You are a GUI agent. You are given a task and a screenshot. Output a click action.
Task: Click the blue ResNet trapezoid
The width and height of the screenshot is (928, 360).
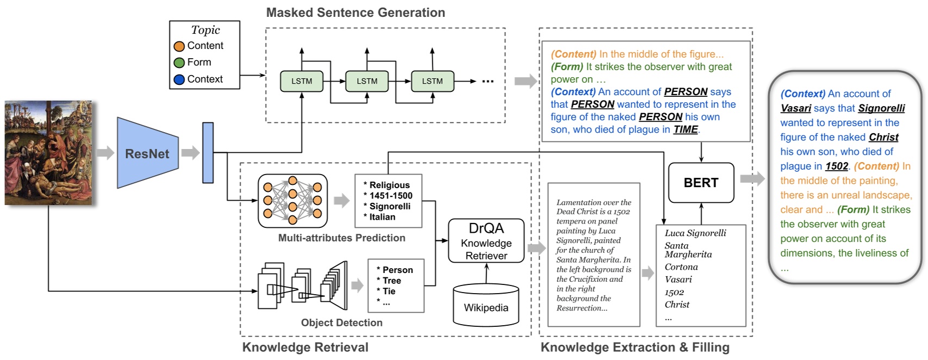click(147, 153)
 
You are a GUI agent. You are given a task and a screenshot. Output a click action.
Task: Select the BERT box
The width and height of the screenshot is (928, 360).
click(701, 183)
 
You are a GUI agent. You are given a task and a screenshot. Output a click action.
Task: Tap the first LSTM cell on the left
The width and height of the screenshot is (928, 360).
click(302, 81)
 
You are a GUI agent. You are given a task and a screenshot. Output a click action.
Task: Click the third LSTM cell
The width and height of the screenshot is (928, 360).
click(432, 81)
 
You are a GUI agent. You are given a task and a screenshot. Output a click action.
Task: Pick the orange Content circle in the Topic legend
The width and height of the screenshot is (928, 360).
click(179, 46)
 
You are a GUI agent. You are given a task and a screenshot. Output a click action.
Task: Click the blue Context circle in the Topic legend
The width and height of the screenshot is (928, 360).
click(179, 79)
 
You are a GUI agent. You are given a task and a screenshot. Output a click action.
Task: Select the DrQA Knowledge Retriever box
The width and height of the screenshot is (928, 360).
click(486, 241)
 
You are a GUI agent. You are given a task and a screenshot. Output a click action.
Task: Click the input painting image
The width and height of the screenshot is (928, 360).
click(48, 153)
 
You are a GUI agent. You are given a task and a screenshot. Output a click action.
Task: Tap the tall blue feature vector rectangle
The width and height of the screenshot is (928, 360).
click(208, 153)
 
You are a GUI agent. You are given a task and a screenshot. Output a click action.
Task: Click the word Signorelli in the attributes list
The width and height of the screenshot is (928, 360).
click(390, 206)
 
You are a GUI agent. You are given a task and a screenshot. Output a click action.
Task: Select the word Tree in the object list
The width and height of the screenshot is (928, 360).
click(391, 281)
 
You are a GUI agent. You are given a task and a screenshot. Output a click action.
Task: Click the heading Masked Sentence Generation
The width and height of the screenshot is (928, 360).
click(356, 13)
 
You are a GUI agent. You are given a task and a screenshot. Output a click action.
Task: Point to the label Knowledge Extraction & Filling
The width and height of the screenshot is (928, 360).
click(635, 347)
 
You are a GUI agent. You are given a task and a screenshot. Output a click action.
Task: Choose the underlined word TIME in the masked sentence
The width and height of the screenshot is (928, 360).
click(686, 129)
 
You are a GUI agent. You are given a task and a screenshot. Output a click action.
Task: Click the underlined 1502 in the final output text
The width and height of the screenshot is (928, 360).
click(836, 166)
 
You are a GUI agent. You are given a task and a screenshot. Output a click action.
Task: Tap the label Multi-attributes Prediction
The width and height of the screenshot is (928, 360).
click(341, 238)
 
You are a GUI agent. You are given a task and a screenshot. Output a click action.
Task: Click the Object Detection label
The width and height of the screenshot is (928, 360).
click(341, 322)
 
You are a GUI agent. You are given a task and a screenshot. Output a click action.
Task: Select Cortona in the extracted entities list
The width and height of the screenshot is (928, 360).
click(681, 267)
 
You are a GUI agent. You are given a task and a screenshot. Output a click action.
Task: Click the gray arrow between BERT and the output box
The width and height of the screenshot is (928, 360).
click(752, 178)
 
